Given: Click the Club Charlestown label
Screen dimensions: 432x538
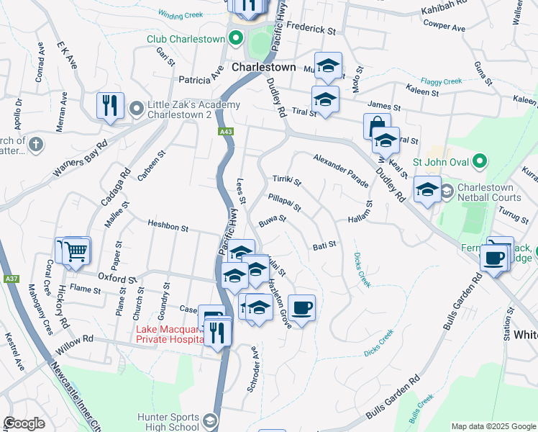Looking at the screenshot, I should pyautogui.click(x=186, y=39).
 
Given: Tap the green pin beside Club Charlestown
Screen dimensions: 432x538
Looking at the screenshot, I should pyautogui.click(x=235, y=39).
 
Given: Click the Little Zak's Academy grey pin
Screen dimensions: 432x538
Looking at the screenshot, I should pyautogui.click(x=137, y=109).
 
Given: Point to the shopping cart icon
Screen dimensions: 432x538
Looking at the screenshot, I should pyautogui.click(x=76, y=251).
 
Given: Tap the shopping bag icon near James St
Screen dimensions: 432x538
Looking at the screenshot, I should pyautogui.click(x=376, y=126).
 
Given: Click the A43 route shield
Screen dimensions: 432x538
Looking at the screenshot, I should pyautogui.click(x=226, y=132).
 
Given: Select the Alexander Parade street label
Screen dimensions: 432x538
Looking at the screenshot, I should pyautogui.click(x=340, y=171).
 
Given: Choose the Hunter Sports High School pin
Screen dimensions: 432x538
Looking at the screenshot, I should pyautogui.click(x=210, y=420).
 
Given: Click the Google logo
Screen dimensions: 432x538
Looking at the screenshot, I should pyautogui.click(x=24, y=423).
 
